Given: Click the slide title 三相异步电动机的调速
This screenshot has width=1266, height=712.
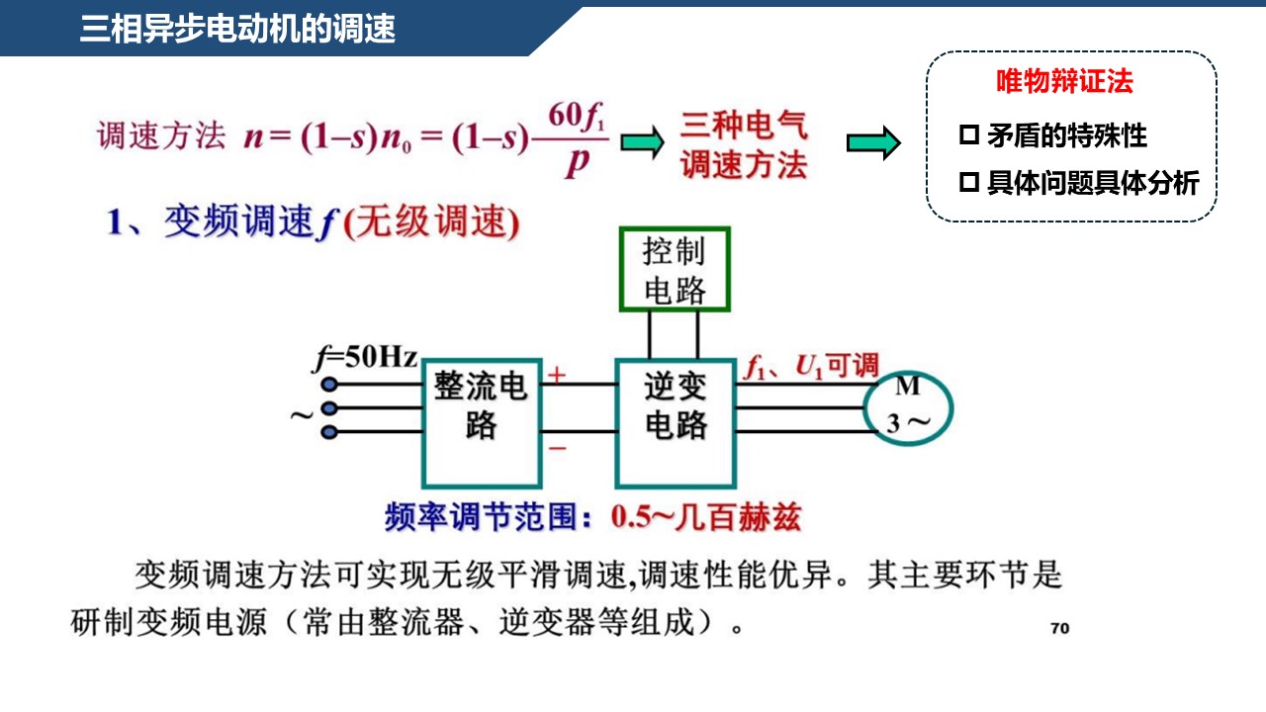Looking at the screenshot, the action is [x=237, y=30].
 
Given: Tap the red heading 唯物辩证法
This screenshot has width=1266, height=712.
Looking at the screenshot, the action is [x=1064, y=82].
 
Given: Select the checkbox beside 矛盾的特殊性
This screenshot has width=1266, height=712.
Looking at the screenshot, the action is [x=968, y=134].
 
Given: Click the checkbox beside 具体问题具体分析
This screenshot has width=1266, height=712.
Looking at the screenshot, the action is [x=968, y=182].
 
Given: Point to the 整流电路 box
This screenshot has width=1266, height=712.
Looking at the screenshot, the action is [x=482, y=423].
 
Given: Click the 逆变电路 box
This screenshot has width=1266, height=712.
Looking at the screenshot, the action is [x=677, y=423].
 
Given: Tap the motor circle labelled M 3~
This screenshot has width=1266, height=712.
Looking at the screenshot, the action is [x=907, y=405].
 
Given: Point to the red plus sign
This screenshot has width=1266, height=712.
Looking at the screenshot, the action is [x=558, y=375].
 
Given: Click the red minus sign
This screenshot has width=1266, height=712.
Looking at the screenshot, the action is [x=558, y=448].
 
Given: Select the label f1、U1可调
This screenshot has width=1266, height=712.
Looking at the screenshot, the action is [x=810, y=367].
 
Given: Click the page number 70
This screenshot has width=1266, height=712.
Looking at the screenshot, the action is [x=1059, y=628].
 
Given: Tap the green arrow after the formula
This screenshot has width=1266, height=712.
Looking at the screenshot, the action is [x=642, y=142].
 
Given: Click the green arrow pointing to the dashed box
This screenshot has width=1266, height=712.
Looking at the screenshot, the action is [x=873, y=143].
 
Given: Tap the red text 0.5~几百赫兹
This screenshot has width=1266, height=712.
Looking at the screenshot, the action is [x=705, y=516].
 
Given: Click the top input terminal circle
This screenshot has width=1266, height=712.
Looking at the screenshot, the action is [x=329, y=385].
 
